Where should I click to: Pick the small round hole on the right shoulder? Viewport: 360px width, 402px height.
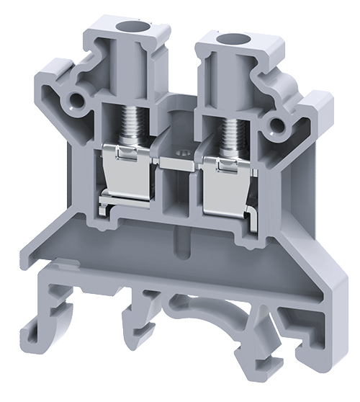274,126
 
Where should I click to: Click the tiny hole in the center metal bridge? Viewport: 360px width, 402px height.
182,153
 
